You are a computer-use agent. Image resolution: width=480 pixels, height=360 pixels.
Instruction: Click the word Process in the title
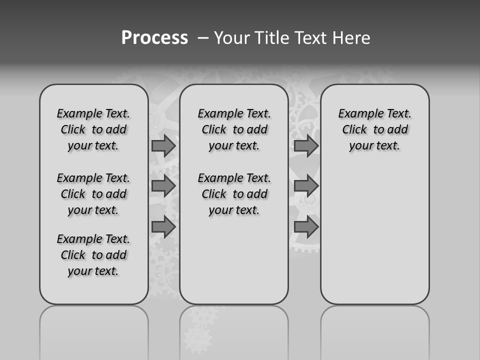pyautogui.click(x=154, y=38)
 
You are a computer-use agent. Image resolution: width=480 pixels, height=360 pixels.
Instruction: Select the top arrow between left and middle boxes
pyautogui.click(x=163, y=145)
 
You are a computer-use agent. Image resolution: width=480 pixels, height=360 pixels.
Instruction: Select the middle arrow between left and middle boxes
pyautogui.click(x=163, y=186)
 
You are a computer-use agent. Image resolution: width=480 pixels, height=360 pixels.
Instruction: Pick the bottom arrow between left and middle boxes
pyautogui.click(x=163, y=227)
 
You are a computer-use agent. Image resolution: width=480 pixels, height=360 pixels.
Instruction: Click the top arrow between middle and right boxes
pyautogui.click(x=306, y=145)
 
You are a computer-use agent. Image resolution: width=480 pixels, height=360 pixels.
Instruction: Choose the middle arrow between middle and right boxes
pyautogui.click(x=306, y=186)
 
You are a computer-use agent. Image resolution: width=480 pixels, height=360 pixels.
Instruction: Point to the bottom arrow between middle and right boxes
pyautogui.click(x=306, y=227)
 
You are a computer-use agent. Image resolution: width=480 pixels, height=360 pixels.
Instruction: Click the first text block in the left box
pyautogui.click(x=93, y=129)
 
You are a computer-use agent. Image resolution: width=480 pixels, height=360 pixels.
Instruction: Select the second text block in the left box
pyautogui.click(x=93, y=194)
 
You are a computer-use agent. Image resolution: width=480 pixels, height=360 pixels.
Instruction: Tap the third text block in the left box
pyautogui.click(x=93, y=255)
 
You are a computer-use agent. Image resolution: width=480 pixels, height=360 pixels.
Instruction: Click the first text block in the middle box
pyautogui.click(x=234, y=129)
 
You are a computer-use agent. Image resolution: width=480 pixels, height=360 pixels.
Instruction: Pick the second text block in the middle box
pyautogui.click(x=234, y=194)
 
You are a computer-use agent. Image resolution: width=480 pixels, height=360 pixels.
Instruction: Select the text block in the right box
pyautogui.click(x=374, y=129)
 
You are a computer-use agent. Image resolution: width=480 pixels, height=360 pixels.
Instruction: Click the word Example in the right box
pyautogui.click(x=357, y=113)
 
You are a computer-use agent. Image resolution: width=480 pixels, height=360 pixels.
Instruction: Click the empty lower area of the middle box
pyautogui.click(x=234, y=260)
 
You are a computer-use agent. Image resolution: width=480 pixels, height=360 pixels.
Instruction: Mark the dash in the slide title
pyautogui.click(x=203, y=38)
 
